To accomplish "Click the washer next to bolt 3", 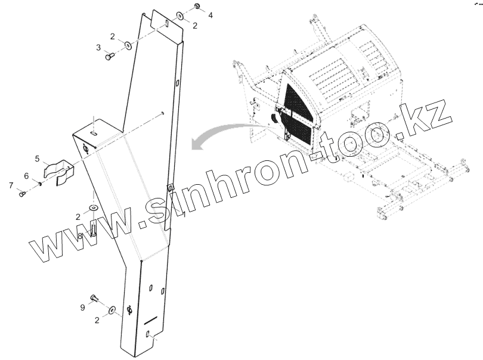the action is [x=127, y=44].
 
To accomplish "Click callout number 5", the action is [x=38, y=159].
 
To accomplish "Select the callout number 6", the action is [x=26, y=175].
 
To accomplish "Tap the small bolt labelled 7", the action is [x=23, y=193].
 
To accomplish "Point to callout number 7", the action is [x=11, y=186].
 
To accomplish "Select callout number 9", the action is [x=83, y=308].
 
